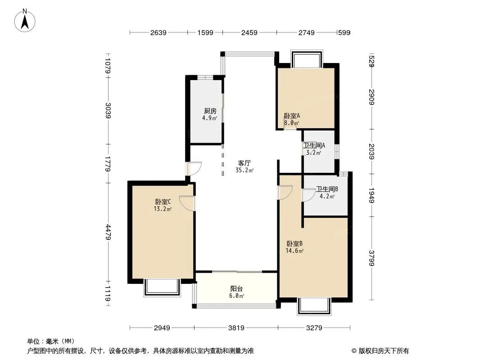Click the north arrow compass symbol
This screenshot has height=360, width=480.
click(25, 20)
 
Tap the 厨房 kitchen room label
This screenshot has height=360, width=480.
click(210, 111)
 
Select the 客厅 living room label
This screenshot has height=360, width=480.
click(245, 163)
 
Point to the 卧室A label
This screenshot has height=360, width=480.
click(292, 116)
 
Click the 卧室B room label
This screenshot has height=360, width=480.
click(295, 244)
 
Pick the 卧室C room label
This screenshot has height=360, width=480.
click(163, 202)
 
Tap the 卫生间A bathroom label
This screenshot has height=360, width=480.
click(314, 146)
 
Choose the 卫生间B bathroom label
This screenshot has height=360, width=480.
click(327, 189)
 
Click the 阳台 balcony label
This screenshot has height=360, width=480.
click(237, 289)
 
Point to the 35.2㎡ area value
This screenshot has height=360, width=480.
click(245, 171)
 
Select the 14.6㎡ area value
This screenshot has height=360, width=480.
click(294, 251)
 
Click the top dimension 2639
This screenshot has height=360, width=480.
click(158, 32)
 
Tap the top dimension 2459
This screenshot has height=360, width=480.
click(249, 32)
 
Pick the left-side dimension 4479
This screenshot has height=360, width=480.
click(108, 232)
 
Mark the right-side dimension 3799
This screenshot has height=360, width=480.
click(371, 258)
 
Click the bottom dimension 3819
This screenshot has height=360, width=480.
click(236, 328)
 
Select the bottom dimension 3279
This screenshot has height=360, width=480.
click(314, 328)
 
